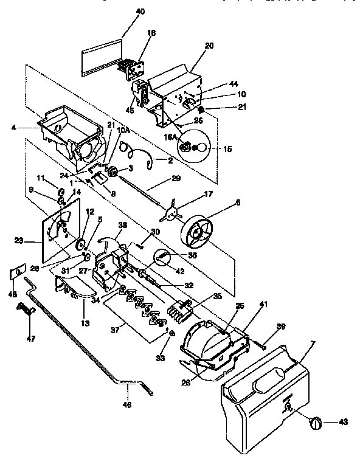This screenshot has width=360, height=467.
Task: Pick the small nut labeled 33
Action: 173,334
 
